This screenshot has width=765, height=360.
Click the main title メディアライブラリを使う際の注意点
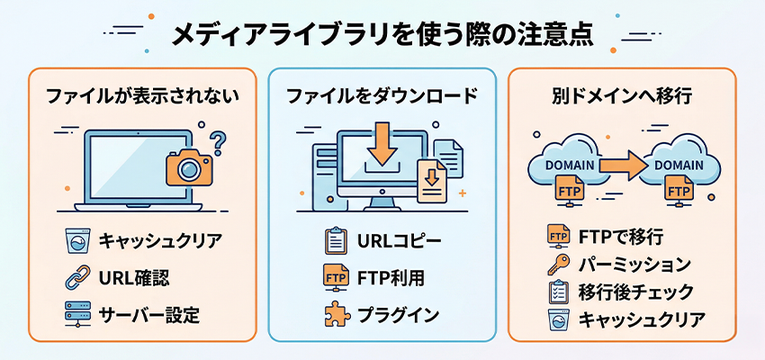(x=382, y=34)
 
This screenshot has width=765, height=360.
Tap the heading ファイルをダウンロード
(x=382, y=94)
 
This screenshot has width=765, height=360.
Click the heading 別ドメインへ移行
(x=621, y=94)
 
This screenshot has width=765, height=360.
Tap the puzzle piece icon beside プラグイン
(x=335, y=315)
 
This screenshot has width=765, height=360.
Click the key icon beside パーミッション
(x=556, y=265)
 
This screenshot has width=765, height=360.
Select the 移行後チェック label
(x=635, y=292)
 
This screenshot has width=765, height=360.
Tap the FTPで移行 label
(x=620, y=238)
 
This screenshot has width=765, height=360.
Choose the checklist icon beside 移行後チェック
(x=556, y=292)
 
